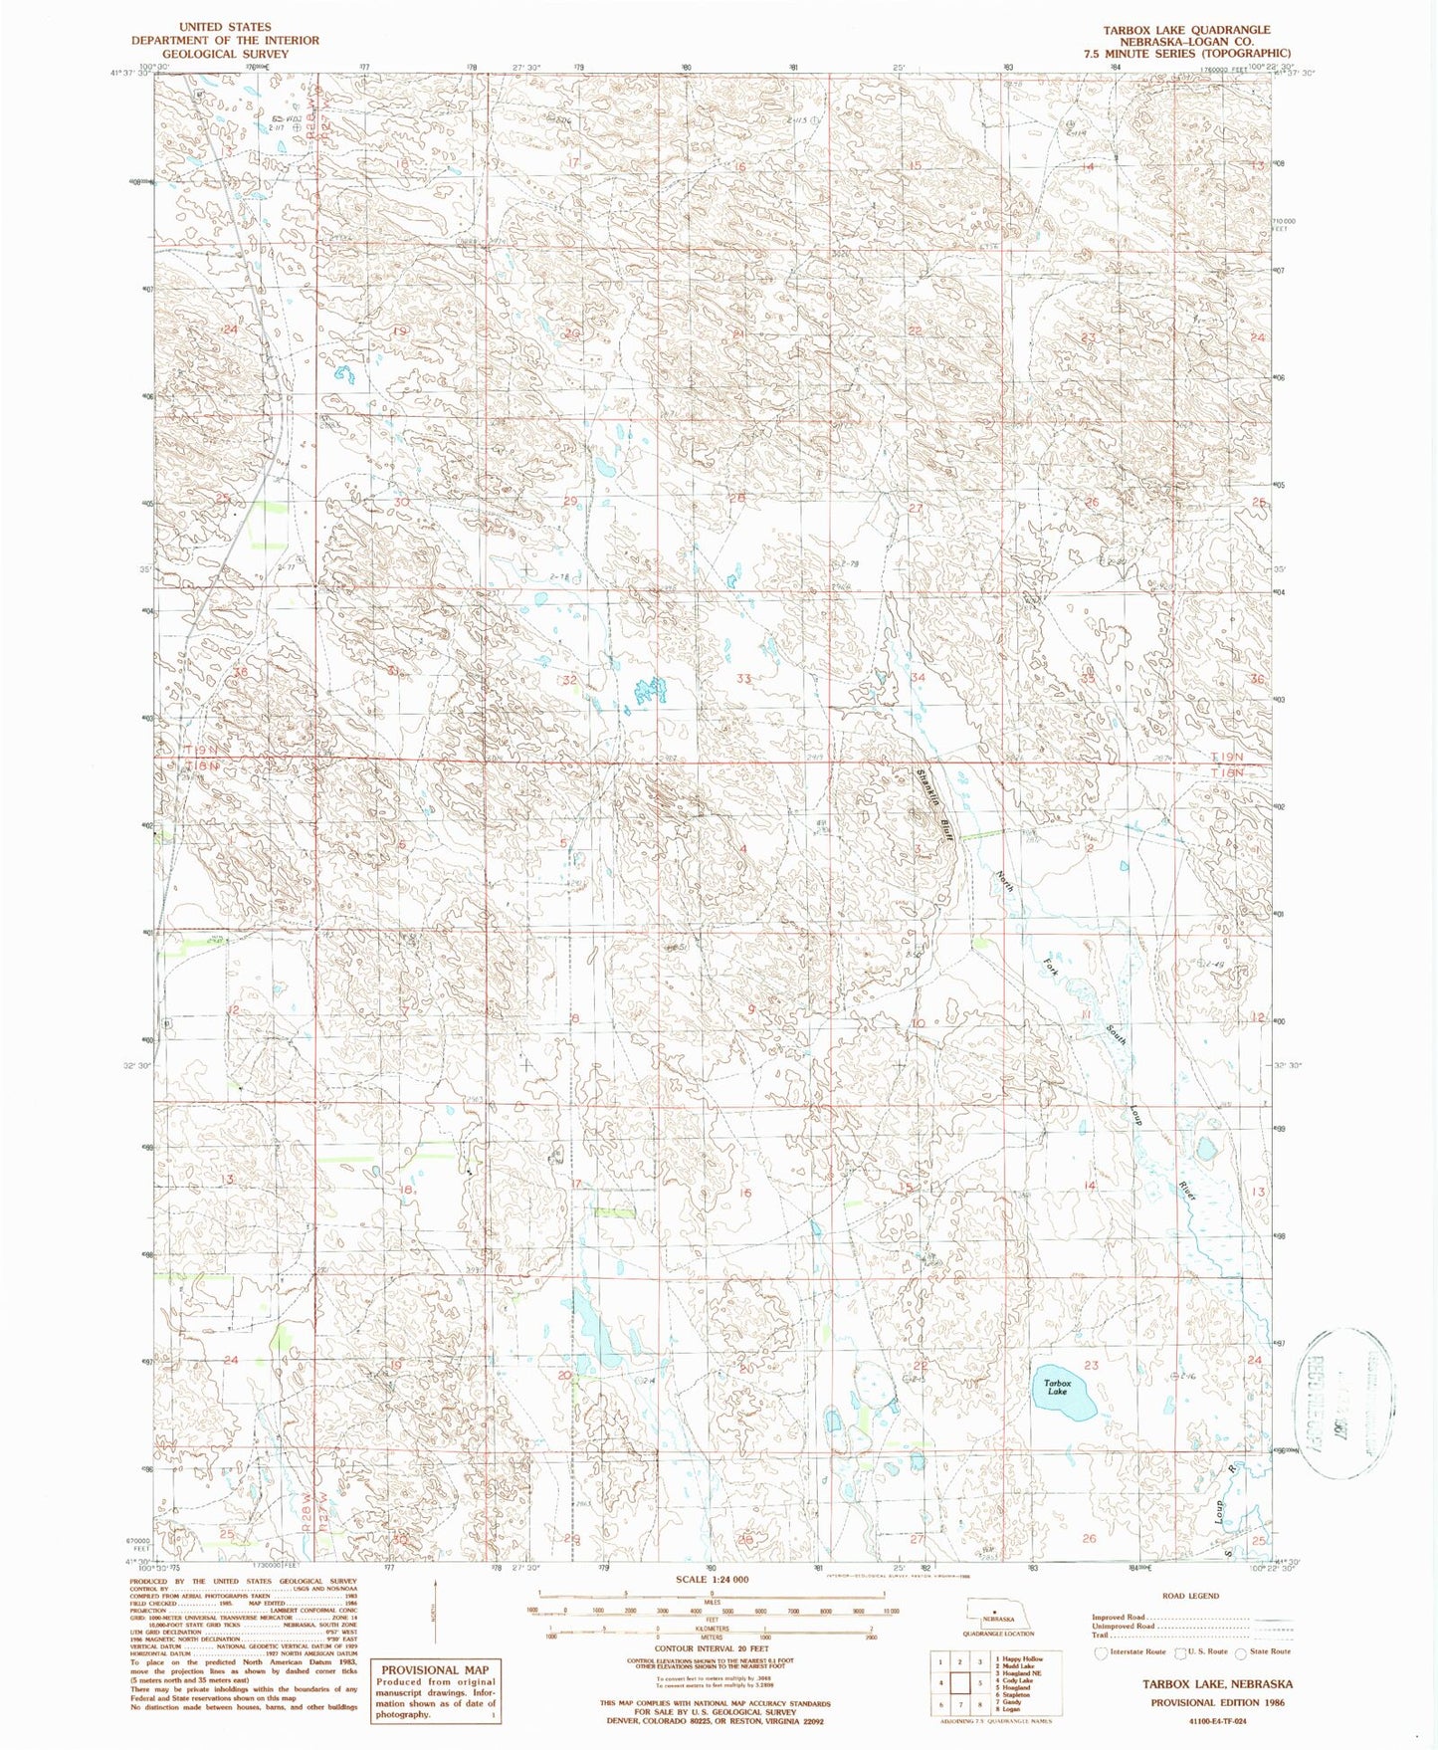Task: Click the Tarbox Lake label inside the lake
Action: point(1057,1387)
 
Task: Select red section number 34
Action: point(918,677)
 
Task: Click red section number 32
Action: point(570,680)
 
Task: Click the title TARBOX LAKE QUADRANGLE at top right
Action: point(1185,30)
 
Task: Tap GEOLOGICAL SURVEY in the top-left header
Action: point(226,54)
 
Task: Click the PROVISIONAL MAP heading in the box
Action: point(435,1670)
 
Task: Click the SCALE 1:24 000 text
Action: point(712,1580)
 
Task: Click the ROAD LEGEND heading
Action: point(1189,1596)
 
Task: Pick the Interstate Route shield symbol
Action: point(1101,1652)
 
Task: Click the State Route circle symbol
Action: point(1240,1652)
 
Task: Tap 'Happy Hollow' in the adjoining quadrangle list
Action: point(1024,1659)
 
